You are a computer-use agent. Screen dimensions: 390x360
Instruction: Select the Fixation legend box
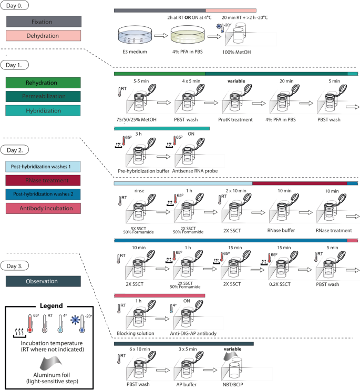[x=44, y=22]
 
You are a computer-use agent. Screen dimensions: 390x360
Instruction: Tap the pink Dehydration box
[x=44, y=36]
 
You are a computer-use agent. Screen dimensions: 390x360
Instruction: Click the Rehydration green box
[x=44, y=83]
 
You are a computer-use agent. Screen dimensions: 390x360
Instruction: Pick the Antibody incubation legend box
[x=44, y=194]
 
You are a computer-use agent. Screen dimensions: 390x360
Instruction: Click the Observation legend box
[x=44, y=281]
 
